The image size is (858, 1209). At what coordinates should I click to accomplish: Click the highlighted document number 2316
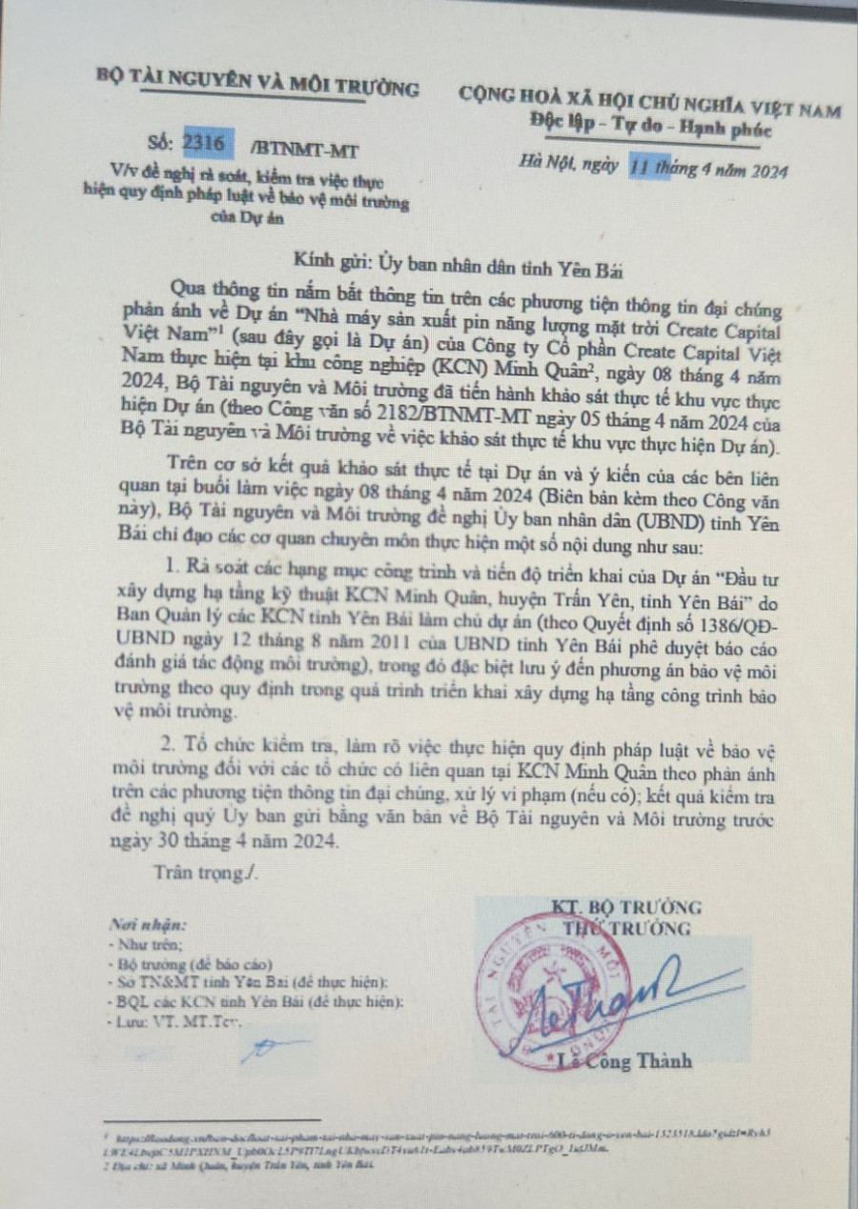coord(209,145)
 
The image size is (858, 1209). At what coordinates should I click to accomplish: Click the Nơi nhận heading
coord(149,924)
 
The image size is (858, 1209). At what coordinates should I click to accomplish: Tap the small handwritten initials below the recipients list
coord(270,1049)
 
